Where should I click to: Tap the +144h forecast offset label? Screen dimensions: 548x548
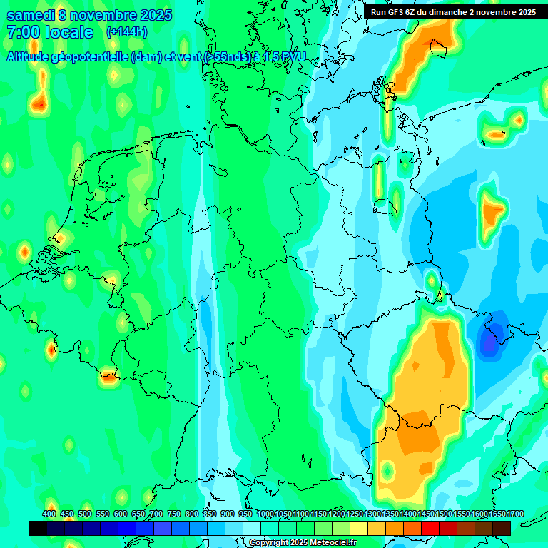[126, 32]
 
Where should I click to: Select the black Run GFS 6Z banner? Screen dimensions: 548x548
[453, 11]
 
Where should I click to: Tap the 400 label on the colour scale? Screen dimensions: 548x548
[49, 514]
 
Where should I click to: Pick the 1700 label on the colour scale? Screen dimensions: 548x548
[496, 514]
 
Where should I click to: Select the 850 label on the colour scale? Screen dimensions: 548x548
[210, 514]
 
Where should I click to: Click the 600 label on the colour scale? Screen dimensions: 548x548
[121, 514]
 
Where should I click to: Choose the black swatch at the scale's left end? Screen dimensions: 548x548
[38, 528]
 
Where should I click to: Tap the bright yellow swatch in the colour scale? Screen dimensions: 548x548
[359, 528]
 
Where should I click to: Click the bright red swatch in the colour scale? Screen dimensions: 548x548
[430, 528]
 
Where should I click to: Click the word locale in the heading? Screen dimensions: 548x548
[68, 32]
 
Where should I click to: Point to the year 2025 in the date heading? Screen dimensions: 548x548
[153, 14]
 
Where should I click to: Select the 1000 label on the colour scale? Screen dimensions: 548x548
[265, 514]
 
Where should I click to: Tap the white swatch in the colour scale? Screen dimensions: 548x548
[252, 528]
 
